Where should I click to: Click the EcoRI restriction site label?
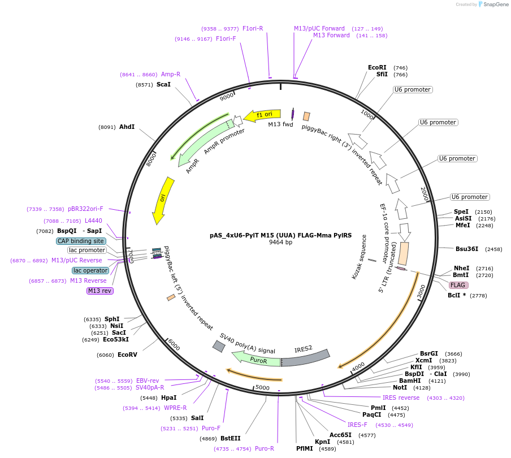click(377, 67)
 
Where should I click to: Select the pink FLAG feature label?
click(458, 285)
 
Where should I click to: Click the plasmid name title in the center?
click(280, 235)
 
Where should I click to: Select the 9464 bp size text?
click(280, 243)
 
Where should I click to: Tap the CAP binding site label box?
click(81, 241)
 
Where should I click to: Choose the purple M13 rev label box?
click(100, 291)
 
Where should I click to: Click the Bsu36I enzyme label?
click(467, 249)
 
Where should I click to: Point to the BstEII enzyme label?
click(230, 438)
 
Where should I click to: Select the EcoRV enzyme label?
click(127, 355)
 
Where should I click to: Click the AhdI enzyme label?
click(127, 127)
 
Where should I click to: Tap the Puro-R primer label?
click(264, 448)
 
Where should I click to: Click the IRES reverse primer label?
click(401, 397)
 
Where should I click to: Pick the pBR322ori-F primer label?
click(85, 209)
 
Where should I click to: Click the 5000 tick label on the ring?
click(262, 387)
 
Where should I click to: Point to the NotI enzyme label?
click(400, 388)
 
